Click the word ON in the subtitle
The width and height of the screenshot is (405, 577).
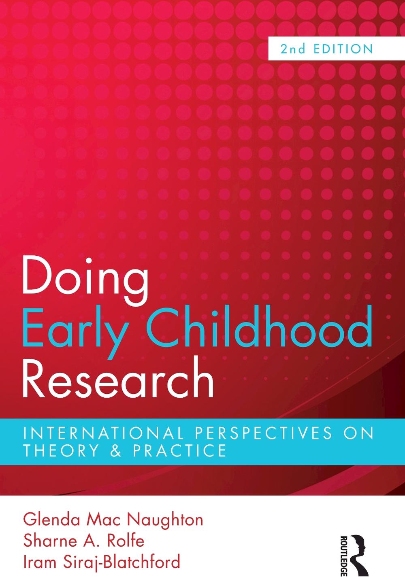pyautogui.click(x=360, y=434)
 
